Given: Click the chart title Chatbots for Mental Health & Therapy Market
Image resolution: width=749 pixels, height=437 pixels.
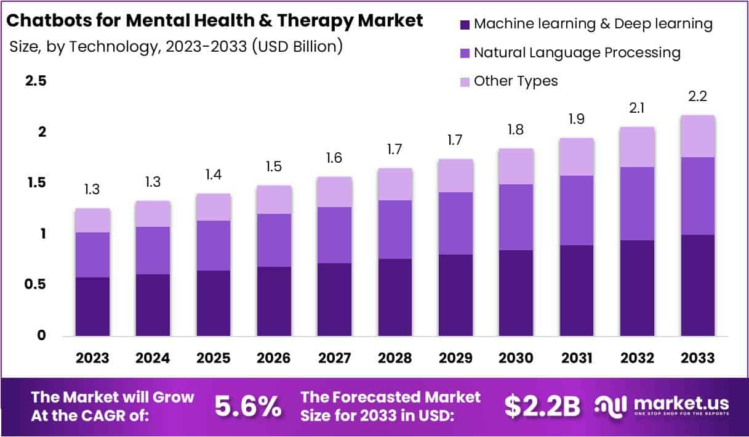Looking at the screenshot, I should point(214,20).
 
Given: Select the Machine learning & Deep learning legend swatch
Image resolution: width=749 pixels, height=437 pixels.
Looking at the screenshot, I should point(465,25).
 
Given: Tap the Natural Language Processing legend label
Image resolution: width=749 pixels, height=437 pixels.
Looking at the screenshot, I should point(577,53).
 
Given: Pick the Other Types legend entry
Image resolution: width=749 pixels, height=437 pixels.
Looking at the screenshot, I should point(515,81).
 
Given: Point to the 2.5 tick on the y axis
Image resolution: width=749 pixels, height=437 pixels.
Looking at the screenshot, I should point(35,81).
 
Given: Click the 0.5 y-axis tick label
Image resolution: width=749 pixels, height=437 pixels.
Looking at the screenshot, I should point(35,285).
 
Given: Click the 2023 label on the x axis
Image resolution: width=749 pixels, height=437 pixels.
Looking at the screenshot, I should point(92,358).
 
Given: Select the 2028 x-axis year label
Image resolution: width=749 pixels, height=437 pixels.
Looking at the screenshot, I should point(395,358).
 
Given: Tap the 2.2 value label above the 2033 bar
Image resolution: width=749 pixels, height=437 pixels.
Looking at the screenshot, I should point(697,97).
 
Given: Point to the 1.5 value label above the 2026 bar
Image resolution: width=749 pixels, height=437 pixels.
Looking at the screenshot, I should point(274,167).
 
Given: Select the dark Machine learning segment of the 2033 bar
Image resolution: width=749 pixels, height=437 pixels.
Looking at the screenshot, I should point(697,285).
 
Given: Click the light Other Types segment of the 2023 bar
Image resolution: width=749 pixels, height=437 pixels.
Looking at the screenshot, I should point(92,220).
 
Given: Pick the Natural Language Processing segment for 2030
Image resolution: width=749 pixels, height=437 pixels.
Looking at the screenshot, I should point(516,217).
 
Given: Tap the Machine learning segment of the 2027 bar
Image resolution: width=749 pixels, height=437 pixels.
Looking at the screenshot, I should point(334,299).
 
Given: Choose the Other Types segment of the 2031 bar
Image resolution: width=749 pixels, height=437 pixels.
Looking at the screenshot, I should point(576,157).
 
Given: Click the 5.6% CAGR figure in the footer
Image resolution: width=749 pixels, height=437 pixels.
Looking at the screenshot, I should point(248,406).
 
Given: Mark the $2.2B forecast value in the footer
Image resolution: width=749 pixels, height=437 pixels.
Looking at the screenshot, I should point(542,406).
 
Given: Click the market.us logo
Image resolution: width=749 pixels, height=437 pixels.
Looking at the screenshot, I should point(662,406).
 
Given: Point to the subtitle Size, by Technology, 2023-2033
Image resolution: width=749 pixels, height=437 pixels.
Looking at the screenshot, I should point(176,46).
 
